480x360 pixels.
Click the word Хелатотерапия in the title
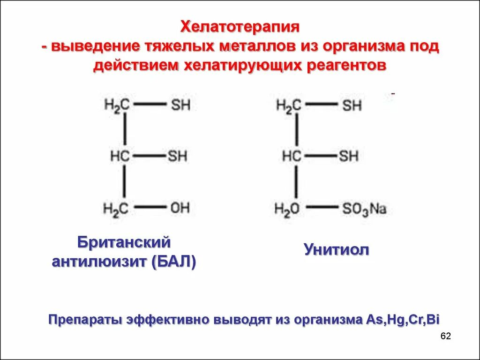click(240, 27)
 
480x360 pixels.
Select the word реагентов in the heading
click(347, 66)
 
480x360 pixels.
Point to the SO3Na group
click(364, 209)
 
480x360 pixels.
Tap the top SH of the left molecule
click(180, 105)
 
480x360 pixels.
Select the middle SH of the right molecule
click(349, 156)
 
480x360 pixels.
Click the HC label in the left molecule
click(120, 156)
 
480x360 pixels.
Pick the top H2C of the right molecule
click(288, 105)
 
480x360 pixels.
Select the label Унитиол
click(336, 249)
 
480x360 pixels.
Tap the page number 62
click(445, 337)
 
